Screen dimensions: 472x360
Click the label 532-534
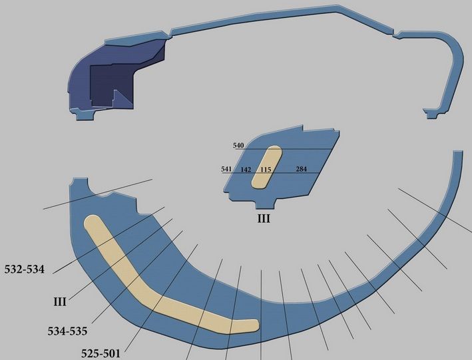point(25,270)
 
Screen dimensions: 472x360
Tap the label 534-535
point(67,331)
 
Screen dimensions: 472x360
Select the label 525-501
point(101,353)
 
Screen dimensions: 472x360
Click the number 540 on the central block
point(238,145)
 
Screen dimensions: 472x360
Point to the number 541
point(226,169)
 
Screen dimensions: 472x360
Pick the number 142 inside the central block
point(246,170)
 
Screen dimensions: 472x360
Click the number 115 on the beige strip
point(266,170)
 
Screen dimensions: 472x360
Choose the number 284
point(302,169)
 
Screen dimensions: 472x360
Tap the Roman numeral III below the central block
point(264,218)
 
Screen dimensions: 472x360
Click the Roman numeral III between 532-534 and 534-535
point(60,301)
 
